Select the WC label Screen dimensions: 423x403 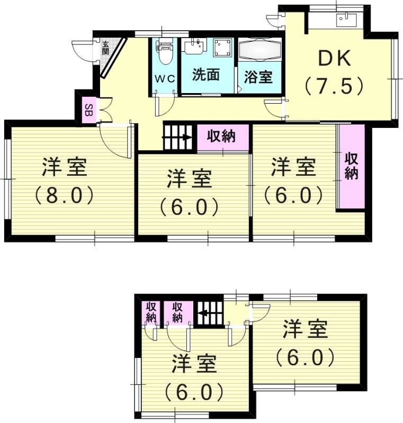tap(164, 78)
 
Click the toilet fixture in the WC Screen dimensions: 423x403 tap(165, 51)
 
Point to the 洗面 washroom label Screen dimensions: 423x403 tap(206, 75)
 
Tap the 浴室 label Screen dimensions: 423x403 tap(258, 77)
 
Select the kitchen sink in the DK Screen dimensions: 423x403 tap(346, 21)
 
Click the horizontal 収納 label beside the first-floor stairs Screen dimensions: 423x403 tap(221, 136)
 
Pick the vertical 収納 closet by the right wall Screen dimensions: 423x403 tap(351, 166)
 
